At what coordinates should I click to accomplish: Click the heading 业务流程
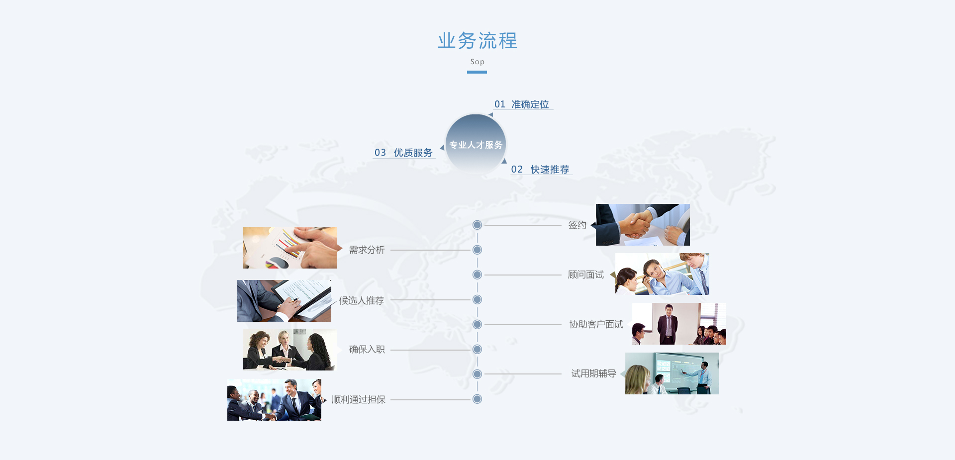(x=477, y=41)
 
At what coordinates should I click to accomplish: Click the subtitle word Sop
(x=477, y=62)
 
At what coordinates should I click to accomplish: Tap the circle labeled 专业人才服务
(x=476, y=144)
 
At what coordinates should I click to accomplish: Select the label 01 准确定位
(x=522, y=104)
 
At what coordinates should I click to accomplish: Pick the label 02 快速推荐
(x=540, y=170)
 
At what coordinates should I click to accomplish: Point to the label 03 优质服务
(x=403, y=153)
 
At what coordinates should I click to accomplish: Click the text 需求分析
(x=367, y=250)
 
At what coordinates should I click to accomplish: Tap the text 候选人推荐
(x=362, y=300)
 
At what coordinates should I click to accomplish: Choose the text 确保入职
(x=367, y=350)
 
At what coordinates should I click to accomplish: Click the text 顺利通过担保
(x=359, y=400)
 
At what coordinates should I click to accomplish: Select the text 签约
(x=577, y=225)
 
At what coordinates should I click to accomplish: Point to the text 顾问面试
(x=585, y=275)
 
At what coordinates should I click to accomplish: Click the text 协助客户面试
(x=596, y=325)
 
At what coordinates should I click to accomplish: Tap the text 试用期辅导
(x=593, y=374)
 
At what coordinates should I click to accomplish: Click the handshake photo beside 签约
(x=643, y=225)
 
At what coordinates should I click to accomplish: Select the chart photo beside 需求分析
(x=290, y=248)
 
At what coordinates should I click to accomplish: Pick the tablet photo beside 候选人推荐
(x=284, y=301)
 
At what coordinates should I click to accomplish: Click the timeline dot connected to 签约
(x=477, y=225)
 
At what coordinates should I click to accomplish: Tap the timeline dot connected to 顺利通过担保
(x=477, y=399)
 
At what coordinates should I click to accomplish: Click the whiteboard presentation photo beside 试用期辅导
(x=672, y=373)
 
